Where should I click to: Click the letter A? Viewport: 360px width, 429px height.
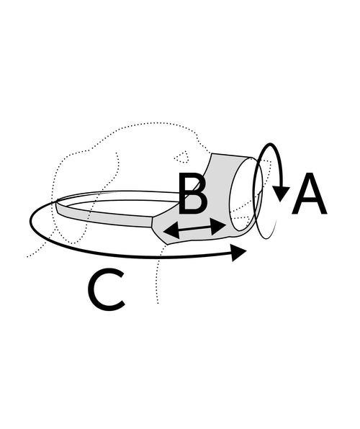pyautogui.click(x=310, y=194)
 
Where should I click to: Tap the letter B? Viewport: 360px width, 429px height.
pyautogui.click(x=192, y=194)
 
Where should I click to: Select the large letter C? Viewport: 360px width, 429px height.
pyautogui.click(x=107, y=290)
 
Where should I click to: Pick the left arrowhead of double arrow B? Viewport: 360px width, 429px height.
pyautogui.click(x=171, y=230)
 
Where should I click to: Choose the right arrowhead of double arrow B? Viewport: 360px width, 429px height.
pyautogui.click(x=218, y=226)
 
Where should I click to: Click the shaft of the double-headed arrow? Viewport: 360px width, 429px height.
pyautogui.click(x=195, y=228)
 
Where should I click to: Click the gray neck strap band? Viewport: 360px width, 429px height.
pyautogui.click(x=104, y=216)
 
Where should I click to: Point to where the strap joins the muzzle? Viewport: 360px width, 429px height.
pyautogui.click(x=152, y=221)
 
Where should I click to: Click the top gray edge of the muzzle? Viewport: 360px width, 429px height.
pyautogui.click(x=232, y=155)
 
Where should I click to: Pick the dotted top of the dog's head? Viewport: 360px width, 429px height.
pyautogui.click(x=153, y=123)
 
